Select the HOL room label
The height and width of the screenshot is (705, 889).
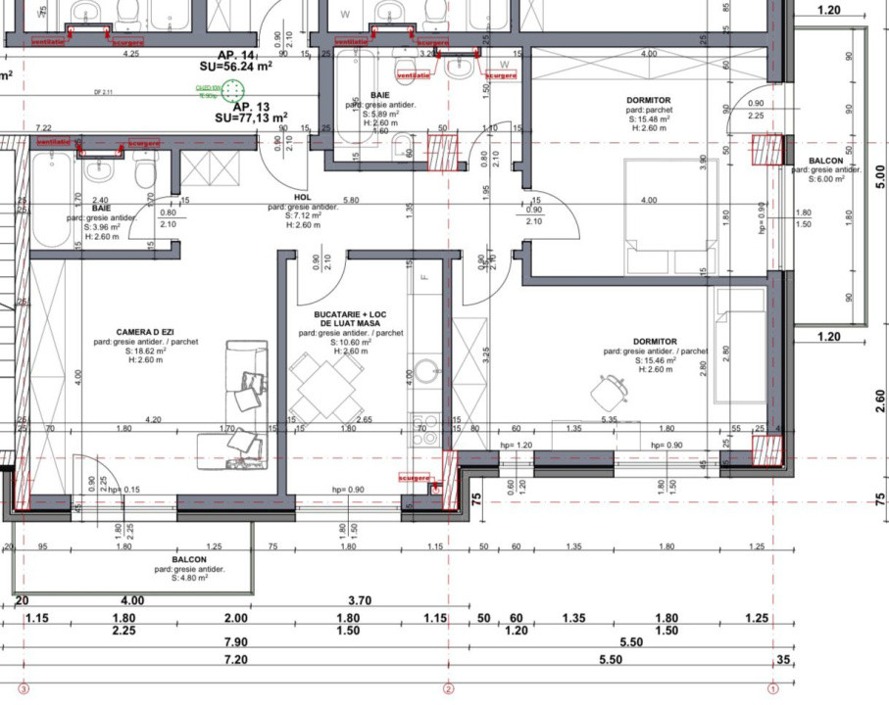tap(302, 196)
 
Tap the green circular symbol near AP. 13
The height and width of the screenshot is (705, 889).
tap(234, 91)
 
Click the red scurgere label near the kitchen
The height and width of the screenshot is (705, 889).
tap(415, 478)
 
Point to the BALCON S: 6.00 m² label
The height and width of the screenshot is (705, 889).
tap(825, 169)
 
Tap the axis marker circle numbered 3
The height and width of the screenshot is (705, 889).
tap(25, 689)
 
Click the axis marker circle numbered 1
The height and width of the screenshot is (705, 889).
tap(772, 689)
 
